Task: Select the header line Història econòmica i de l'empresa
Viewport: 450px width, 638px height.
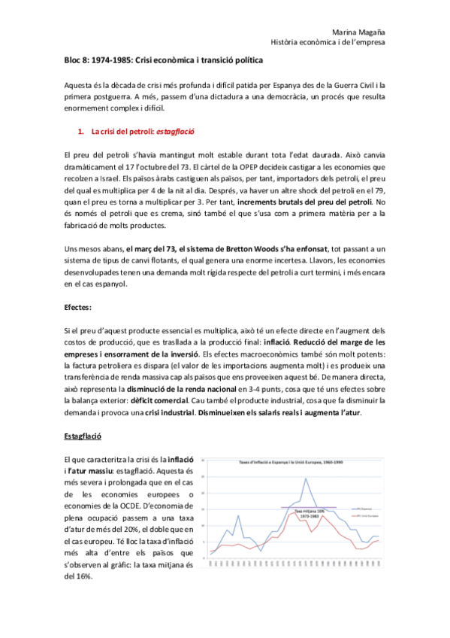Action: point(328,42)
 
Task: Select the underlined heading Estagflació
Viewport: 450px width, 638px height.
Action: point(82,435)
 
